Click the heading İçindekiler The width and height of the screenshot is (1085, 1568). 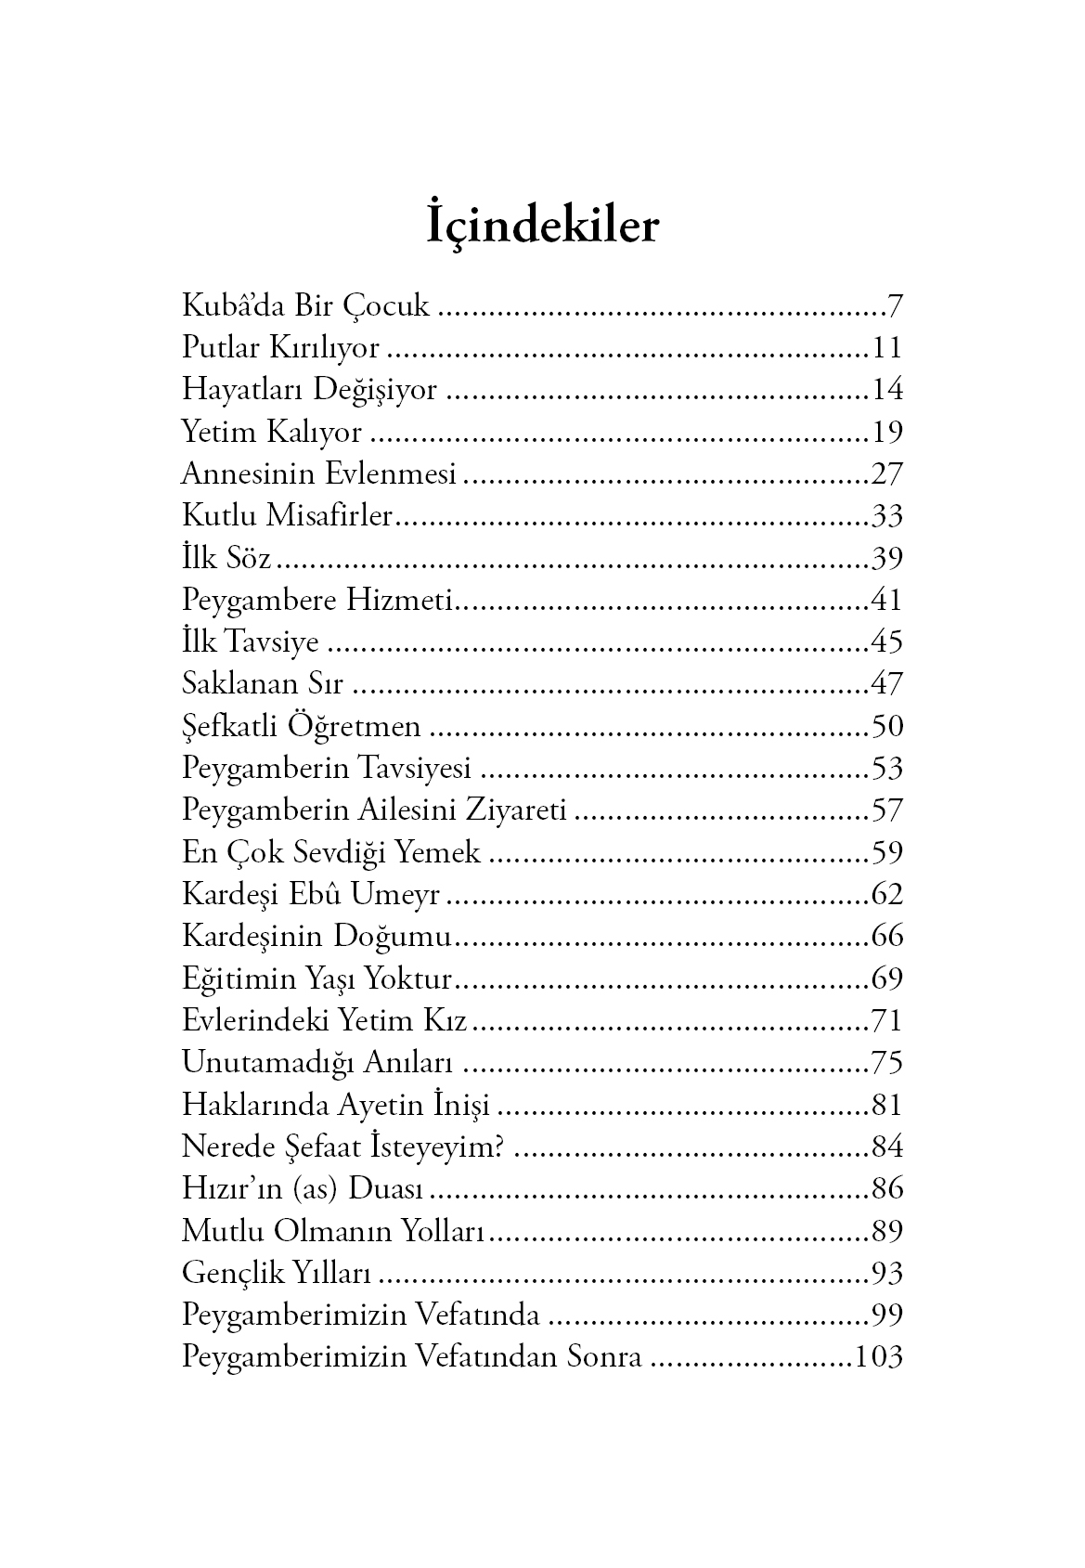pos(542,226)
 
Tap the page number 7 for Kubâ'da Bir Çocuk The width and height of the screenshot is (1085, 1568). pos(895,306)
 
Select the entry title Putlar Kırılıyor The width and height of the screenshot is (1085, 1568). pos(280,348)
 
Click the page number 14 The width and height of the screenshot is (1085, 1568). pos(886,390)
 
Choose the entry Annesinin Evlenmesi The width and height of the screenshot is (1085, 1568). pos(318,474)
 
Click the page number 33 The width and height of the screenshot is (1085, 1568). pos(886,516)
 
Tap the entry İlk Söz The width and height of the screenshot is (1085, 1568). pos(226,558)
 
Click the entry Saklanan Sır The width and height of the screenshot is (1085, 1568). pos(263,684)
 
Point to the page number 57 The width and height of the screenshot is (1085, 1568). pos(886,810)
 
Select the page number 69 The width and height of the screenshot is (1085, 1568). pos(886,978)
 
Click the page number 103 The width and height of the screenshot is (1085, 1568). pos(878,1357)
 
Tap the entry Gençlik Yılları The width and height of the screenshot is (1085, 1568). pos(276,1273)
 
